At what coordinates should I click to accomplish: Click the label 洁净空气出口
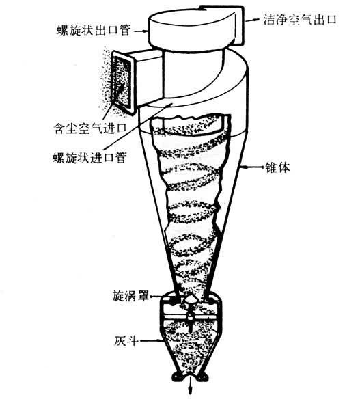click(300, 20)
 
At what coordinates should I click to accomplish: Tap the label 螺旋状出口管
click(94, 30)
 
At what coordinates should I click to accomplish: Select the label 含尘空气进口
click(90, 128)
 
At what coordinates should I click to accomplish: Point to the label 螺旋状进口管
click(89, 157)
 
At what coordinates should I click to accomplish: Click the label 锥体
click(277, 167)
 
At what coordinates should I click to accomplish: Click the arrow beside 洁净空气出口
click(252, 20)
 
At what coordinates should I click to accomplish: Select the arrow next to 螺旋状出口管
click(141, 31)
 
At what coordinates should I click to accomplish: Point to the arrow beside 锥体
click(251, 167)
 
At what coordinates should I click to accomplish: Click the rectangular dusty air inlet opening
click(122, 81)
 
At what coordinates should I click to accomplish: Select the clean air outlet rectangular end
click(239, 25)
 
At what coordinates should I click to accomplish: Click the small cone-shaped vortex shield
click(190, 299)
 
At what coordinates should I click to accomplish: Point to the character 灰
click(120, 340)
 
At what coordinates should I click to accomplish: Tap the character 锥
click(271, 167)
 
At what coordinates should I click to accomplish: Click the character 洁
click(268, 20)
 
